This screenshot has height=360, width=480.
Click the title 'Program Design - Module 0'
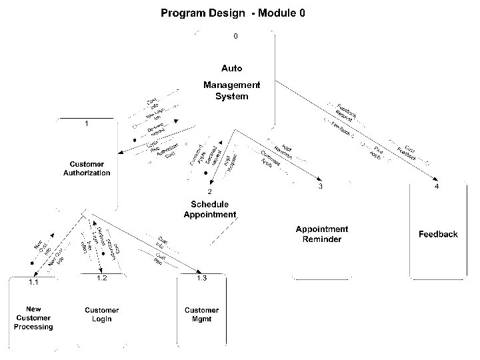233,13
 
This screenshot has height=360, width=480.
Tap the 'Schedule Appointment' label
209,209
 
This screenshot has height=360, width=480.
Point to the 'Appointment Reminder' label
322,234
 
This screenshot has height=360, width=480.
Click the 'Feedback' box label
438,234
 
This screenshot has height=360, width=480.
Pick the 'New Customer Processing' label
33,318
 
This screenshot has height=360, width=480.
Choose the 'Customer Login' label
101,315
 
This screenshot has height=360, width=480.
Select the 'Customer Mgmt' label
201,315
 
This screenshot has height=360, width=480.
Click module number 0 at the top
235,36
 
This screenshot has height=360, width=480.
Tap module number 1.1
33,283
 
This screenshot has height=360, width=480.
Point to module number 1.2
101,278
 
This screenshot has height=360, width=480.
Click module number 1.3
201,278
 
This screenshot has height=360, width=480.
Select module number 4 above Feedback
437,187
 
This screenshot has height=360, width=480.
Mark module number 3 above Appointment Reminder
321,187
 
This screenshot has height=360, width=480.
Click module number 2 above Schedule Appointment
209,191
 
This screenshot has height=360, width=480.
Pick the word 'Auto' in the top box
231,68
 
